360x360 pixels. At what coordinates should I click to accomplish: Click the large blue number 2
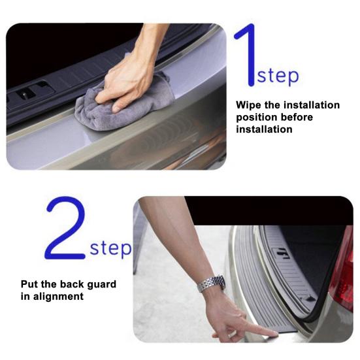point(65,228)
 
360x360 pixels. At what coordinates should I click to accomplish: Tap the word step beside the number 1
point(278,76)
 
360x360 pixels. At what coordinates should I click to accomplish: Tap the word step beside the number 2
point(110,248)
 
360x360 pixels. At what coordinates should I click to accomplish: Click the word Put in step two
point(29,284)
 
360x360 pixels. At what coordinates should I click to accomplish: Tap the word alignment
point(58,297)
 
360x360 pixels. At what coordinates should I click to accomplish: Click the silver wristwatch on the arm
point(212,284)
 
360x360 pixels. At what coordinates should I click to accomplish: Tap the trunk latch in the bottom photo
point(282,253)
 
